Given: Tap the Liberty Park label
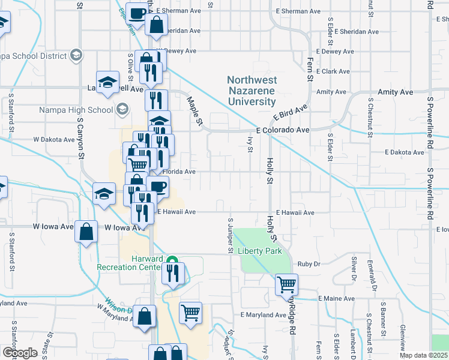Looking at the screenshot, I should (259, 251).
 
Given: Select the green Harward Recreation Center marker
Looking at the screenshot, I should (172, 261).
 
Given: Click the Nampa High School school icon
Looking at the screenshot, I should (122, 109).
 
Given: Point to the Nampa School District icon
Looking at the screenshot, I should (76, 55).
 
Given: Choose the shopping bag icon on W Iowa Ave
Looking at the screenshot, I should (86, 231).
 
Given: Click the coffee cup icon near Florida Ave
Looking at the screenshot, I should (157, 187).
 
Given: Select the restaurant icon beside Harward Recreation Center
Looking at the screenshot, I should (173, 273).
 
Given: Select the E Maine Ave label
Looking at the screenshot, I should (337, 298).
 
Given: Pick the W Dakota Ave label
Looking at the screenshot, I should (53, 139).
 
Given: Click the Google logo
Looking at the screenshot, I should (19, 353).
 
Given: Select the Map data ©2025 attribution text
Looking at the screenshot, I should (424, 355).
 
